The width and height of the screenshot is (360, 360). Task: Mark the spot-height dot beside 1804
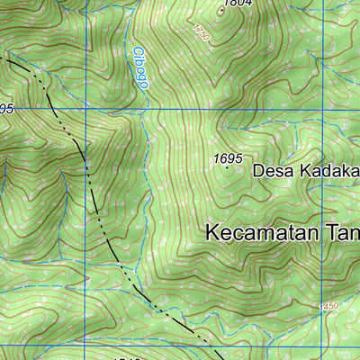(x=221, y=12)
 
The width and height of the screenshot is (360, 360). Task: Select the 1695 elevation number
(x=228, y=158)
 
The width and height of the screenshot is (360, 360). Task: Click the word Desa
(x=269, y=169)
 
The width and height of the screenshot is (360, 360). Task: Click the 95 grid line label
(x=6, y=109)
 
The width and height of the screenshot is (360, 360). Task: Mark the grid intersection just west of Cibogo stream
(x=85, y=109)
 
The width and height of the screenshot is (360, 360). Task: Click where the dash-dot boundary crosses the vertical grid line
(x=85, y=167)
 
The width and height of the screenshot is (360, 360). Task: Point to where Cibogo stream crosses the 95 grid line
(x=144, y=109)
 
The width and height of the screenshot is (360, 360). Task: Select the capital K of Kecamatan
(x=213, y=231)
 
